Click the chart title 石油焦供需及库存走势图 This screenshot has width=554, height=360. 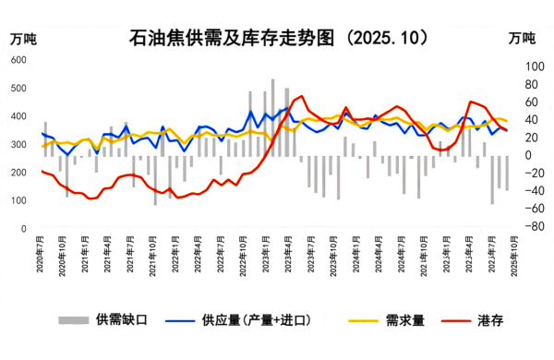coord(277,37)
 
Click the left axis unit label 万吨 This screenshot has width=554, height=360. coord(23,38)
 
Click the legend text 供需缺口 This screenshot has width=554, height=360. coord(121,320)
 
